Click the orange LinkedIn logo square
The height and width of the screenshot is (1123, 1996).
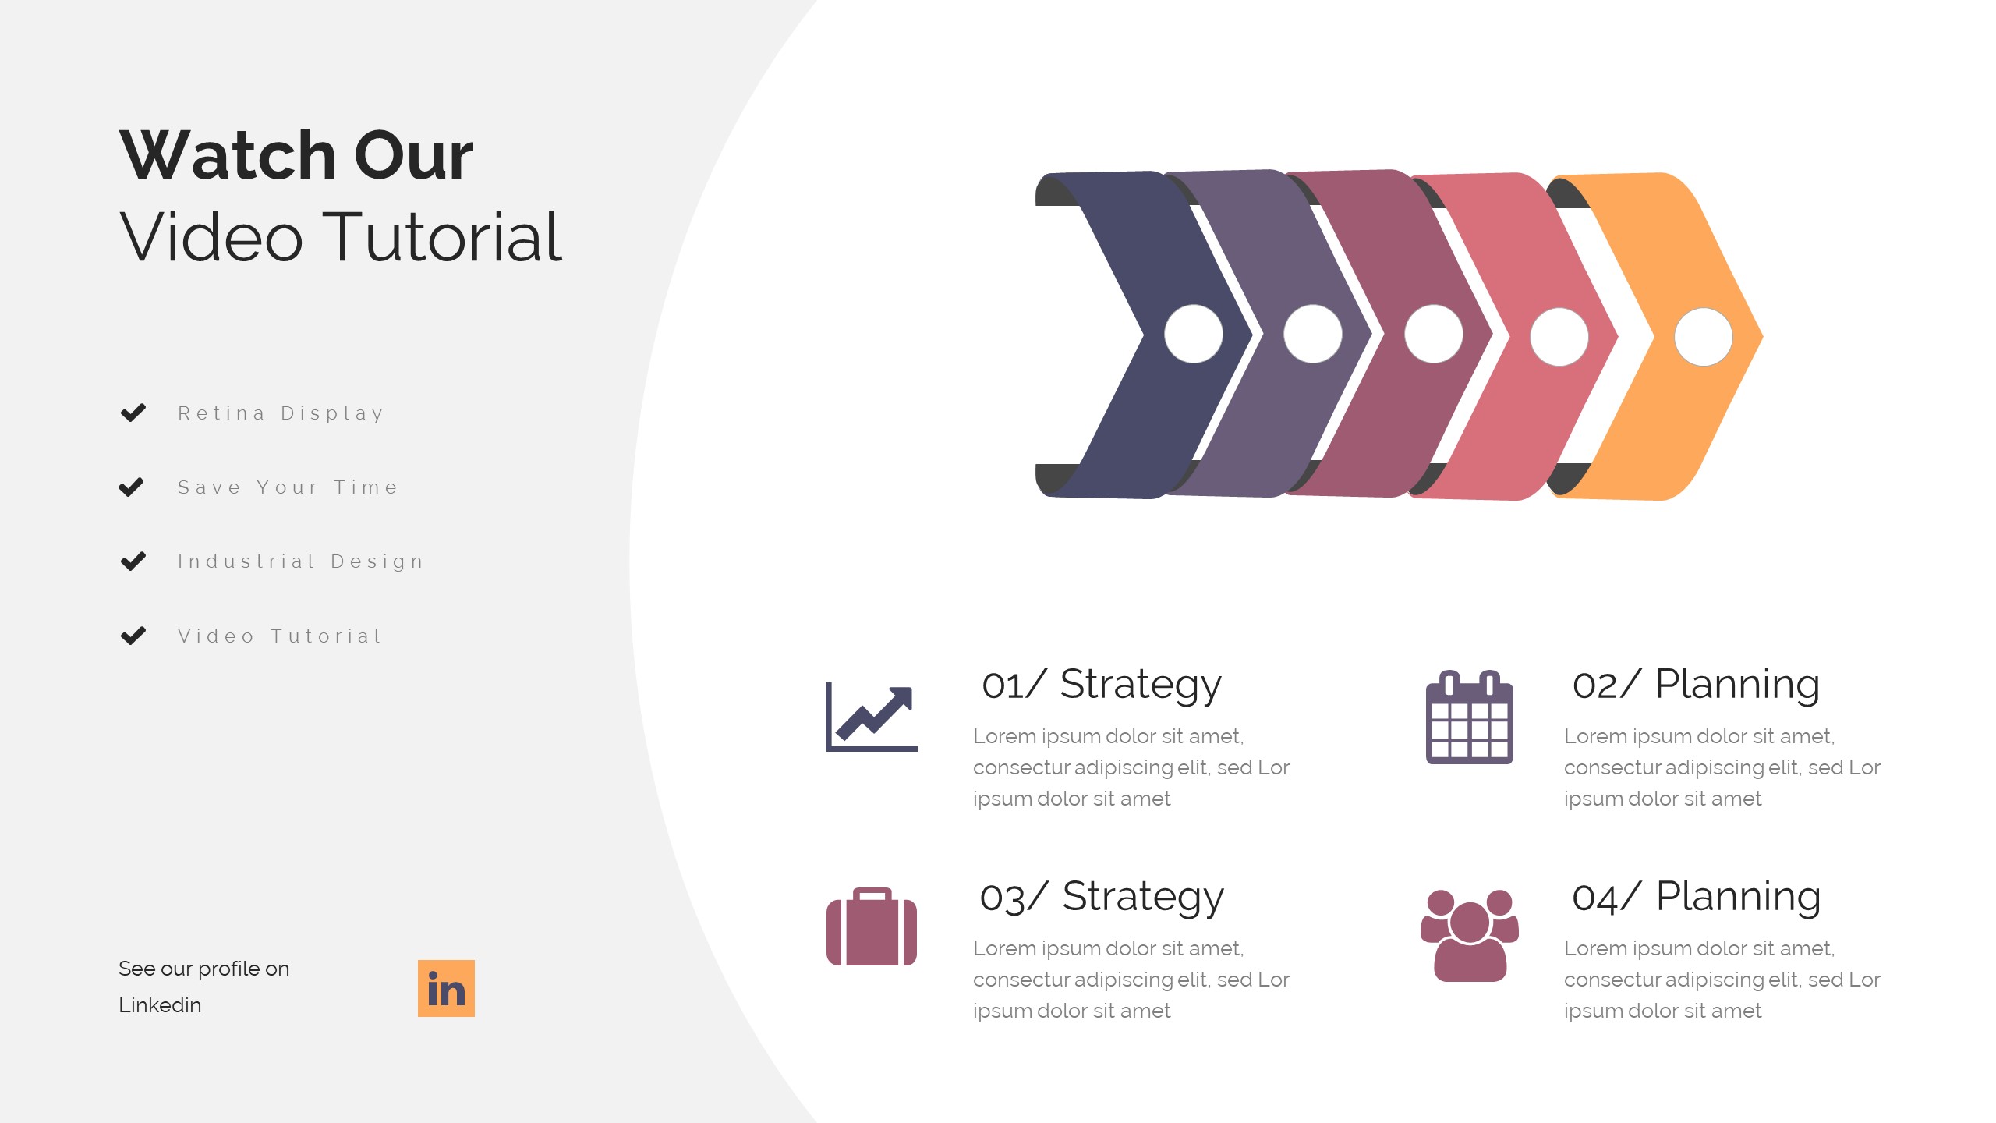click(x=446, y=988)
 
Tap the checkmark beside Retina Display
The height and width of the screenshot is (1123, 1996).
click(x=133, y=413)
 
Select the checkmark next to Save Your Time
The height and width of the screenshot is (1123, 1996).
click(x=131, y=487)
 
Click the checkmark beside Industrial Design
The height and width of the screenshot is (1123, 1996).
click(x=133, y=561)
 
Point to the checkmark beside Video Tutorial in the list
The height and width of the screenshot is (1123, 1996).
click(x=133, y=636)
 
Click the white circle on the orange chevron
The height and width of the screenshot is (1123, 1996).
click(x=1704, y=337)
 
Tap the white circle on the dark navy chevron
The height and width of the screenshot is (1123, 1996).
click(x=1193, y=334)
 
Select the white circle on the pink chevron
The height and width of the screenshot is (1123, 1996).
click(x=1559, y=337)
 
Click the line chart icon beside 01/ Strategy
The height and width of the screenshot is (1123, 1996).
click(x=872, y=717)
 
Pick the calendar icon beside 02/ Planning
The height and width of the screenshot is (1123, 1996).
click(x=1469, y=717)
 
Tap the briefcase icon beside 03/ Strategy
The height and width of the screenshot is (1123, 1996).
click(x=872, y=927)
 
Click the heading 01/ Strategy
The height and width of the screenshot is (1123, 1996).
click(x=1101, y=685)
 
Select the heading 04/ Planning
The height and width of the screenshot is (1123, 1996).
click(x=1696, y=897)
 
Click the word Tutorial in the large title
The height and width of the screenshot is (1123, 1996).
click(x=442, y=237)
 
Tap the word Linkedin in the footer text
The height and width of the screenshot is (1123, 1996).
click(x=160, y=1005)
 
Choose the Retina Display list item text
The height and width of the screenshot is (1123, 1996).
click(x=281, y=413)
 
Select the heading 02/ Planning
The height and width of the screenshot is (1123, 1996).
click(x=1696, y=685)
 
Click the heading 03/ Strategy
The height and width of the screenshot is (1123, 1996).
click(x=1101, y=897)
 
